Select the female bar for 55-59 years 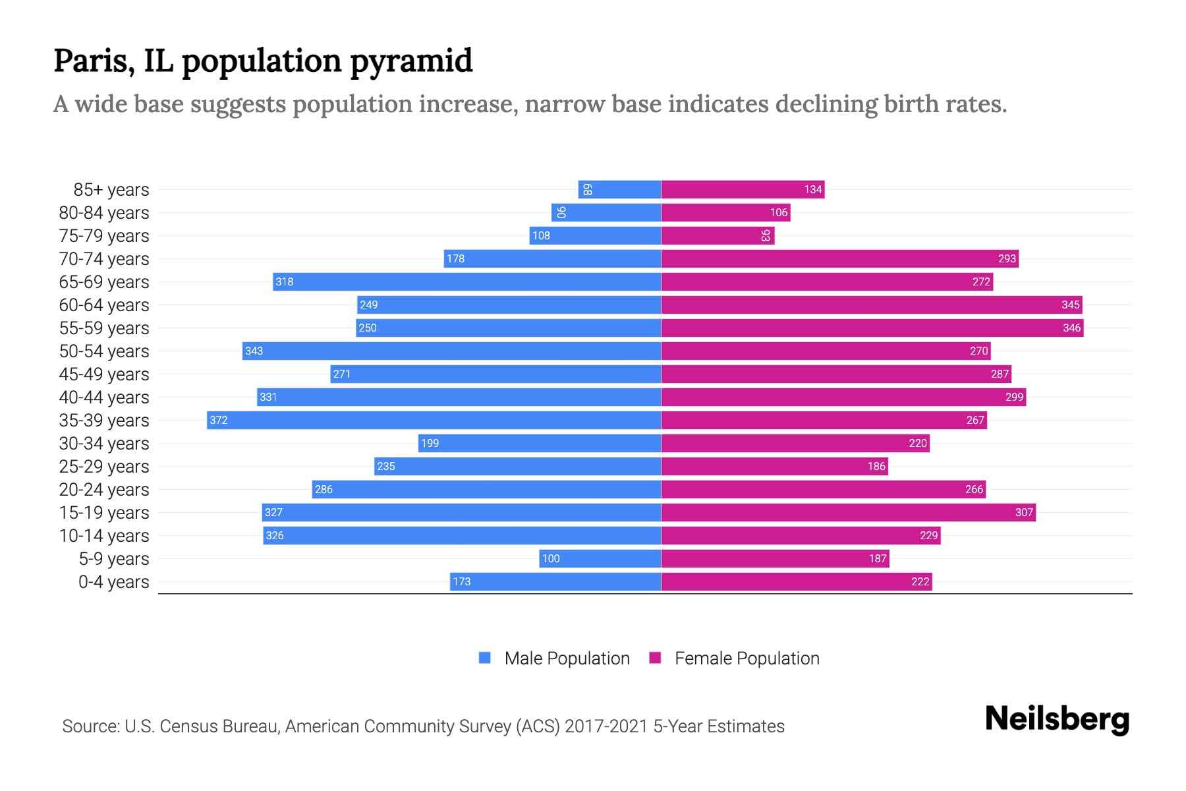tap(872, 328)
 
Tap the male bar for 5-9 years tap(600, 558)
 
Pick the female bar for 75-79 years tap(718, 235)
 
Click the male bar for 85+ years tap(619, 189)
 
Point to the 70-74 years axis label tap(104, 259)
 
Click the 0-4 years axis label tap(113, 582)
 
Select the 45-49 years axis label tap(104, 374)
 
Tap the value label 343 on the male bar tap(254, 351)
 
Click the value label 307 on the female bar tap(1023, 512)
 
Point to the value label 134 tap(812, 189)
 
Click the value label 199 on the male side tap(430, 443)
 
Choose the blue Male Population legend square tap(485, 658)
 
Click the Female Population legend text tap(747, 658)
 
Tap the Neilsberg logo tap(1057, 719)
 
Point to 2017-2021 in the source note tap(606, 726)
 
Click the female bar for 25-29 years tap(774, 466)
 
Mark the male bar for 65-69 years tap(466, 281)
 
